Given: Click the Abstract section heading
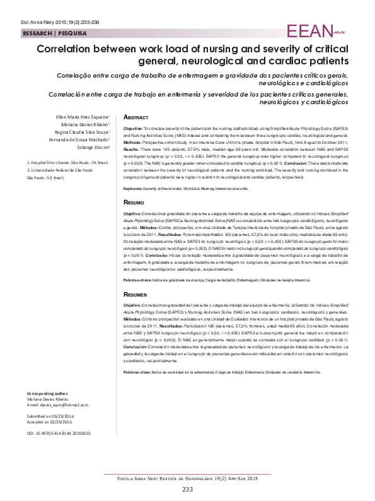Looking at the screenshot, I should tap(136, 117).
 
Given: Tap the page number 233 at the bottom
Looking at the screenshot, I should tap(187, 490).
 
